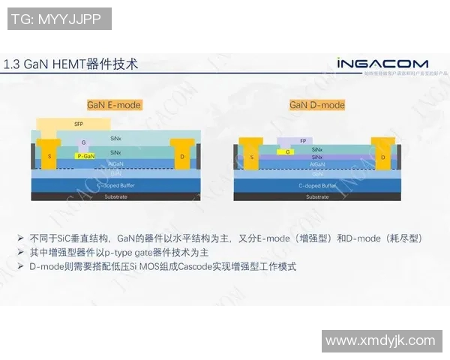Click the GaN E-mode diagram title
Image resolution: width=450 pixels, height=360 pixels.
click(114, 105)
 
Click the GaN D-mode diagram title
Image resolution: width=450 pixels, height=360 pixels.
click(317, 105)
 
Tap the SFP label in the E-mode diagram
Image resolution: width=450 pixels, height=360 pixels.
click(79, 123)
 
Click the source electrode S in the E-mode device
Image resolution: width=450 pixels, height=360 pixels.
click(49, 155)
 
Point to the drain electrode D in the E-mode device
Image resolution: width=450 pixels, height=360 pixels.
click(181, 156)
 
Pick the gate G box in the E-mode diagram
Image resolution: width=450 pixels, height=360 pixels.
click(84, 142)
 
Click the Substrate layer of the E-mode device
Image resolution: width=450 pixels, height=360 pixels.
click(115, 196)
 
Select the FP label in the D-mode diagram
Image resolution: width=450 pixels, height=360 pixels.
click(303, 141)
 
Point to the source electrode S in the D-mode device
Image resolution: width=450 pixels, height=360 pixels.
click(252, 157)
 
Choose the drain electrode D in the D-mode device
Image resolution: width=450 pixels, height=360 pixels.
click(382, 157)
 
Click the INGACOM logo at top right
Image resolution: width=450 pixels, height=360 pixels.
click(382, 64)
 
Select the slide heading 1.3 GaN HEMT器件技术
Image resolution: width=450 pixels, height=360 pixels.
click(71, 64)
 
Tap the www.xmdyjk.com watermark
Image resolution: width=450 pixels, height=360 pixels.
click(380, 340)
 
